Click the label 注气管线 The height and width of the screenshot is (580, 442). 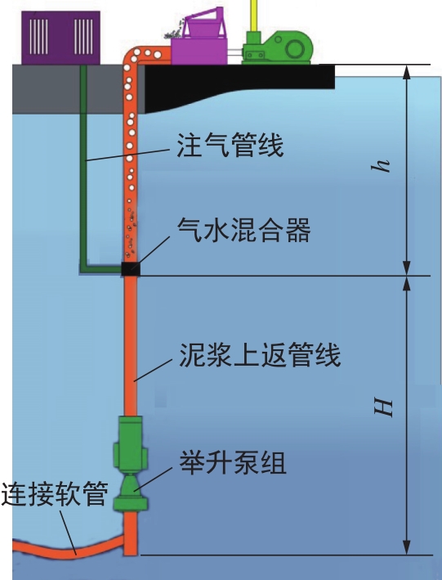point(230,146)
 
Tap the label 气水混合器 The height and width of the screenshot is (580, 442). point(244,230)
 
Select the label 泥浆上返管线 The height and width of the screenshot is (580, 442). point(260,355)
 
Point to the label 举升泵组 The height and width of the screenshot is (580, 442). point(233,463)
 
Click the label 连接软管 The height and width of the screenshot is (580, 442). point(54,494)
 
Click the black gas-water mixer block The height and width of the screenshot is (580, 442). point(131,269)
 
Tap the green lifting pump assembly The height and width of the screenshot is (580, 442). point(131,464)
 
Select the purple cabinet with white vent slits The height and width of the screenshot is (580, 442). point(60,38)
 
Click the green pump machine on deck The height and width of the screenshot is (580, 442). point(278,47)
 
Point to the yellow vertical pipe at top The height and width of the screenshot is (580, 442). point(254,16)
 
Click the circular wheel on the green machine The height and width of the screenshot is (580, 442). point(295,48)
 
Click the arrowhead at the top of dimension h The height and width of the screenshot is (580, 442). point(407,72)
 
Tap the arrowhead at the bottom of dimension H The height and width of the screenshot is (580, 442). point(407,547)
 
